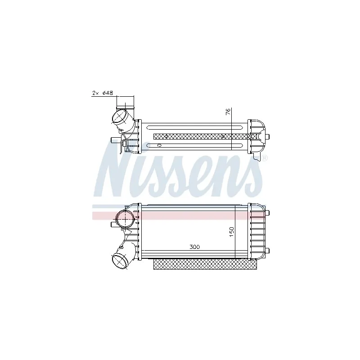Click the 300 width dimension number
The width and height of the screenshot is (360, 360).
pos(195,247)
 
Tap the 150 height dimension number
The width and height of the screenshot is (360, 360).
pos(231,232)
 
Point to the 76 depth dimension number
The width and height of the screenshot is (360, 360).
pos(228,112)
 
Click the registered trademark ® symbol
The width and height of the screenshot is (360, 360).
pos(265,158)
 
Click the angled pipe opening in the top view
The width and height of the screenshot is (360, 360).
pos(119,117)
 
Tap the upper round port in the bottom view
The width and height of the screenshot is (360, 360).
pos(124,219)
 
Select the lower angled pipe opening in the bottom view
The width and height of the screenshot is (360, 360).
pos(119,261)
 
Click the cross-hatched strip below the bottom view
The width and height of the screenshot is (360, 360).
pos(205,265)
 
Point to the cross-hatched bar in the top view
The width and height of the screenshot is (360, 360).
pos(205,137)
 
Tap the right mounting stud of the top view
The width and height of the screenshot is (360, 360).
pos(267,137)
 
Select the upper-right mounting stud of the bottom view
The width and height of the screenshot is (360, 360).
pos(267,213)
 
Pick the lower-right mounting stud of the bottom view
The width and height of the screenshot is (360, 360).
pos(267,251)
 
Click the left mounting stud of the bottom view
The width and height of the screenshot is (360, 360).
pos(113,224)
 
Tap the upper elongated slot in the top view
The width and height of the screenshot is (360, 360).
pos(195,127)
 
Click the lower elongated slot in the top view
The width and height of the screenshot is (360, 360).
pos(195,145)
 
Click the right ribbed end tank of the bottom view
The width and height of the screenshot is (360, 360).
pos(256,232)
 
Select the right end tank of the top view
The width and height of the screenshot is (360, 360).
pos(256,137)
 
